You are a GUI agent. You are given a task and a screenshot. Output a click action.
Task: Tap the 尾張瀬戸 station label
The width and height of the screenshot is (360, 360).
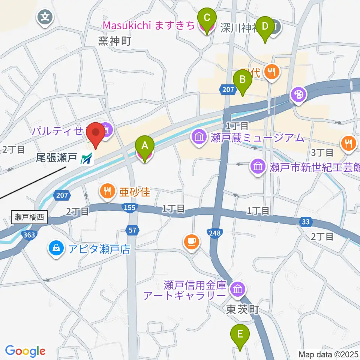coord(56,159)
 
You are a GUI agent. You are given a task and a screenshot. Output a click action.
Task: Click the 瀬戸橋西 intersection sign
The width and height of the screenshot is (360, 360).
coord(30,217)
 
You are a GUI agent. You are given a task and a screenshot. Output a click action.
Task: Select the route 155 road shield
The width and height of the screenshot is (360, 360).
coord(130,207)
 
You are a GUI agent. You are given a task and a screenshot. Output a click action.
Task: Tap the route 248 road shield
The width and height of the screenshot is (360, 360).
coord(213,233)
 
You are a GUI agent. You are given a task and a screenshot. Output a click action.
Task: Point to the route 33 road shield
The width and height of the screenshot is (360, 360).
coord(306,222)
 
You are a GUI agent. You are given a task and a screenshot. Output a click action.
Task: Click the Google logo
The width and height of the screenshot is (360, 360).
coord(25,351)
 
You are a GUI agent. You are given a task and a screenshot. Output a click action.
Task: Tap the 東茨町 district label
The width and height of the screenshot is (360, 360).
coord(243,310)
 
